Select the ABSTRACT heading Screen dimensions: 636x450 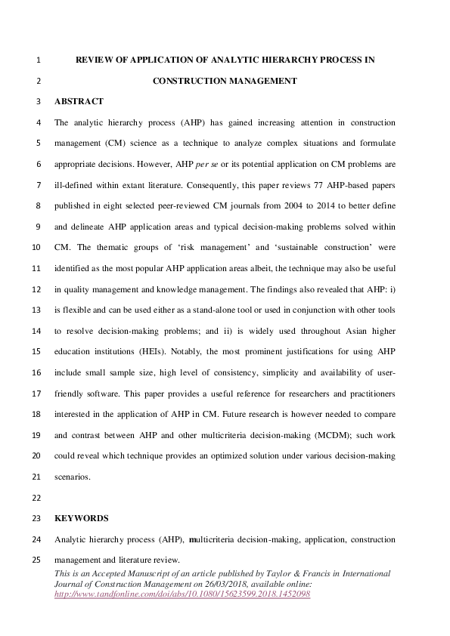pyautogui.click(x=79, y=101)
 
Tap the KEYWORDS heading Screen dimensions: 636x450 pyautogui.click(x=82, y=519)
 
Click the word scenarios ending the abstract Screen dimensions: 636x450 pyautogui.click(x=72, y=477)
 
